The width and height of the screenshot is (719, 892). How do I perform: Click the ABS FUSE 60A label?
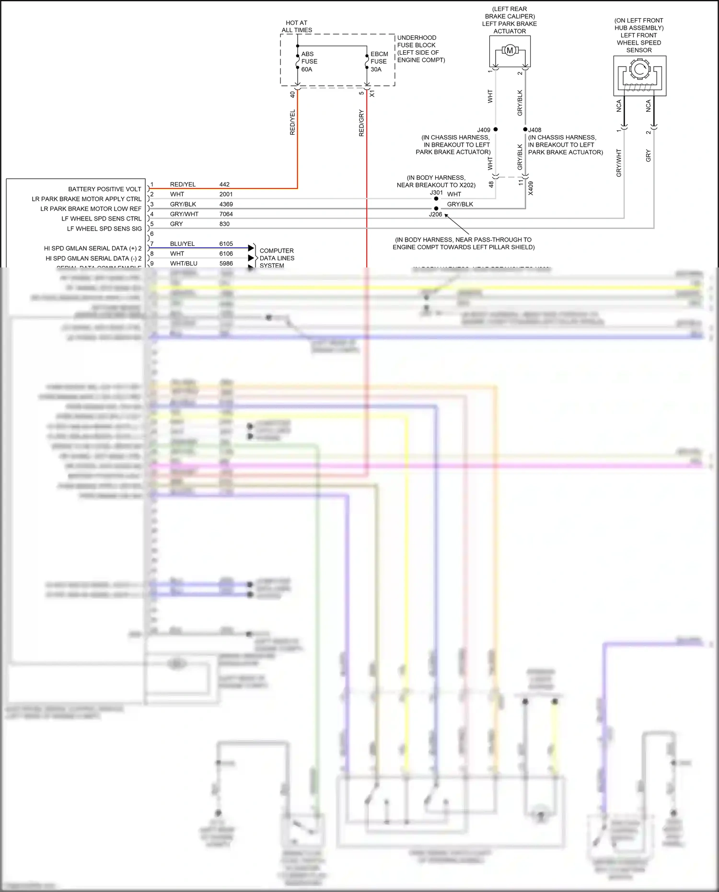click(309, 61)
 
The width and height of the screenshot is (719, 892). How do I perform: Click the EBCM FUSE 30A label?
click(379, 61)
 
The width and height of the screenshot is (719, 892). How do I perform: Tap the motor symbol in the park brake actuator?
click(510, 50)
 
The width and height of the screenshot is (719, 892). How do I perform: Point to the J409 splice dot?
click(496, 129)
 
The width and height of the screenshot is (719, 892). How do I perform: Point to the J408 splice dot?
click(525, 129)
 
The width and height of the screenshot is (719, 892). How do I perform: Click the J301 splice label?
click(436, 193)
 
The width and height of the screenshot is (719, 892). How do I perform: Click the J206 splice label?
click(435, 214)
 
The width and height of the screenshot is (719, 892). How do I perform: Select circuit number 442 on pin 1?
click(224, 185)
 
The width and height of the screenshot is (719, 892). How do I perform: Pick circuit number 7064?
click(226, 214)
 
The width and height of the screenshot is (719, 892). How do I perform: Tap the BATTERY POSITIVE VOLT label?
click(104, 189)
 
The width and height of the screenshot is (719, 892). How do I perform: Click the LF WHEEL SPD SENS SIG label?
click(104, 229)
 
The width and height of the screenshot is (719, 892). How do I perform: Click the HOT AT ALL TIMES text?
click(297, 26)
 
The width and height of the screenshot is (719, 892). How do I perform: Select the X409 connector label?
click(531, 188)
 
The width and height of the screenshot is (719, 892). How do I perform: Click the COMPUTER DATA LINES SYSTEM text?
click(277, 258)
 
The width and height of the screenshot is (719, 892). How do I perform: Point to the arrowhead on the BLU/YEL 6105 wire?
click(251, 248)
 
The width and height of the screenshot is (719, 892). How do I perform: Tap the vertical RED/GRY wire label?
click(361, 123)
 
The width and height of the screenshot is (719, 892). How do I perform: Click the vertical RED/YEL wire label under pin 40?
click(292, 122)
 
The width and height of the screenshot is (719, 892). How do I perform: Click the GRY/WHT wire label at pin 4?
click(184, 214)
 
